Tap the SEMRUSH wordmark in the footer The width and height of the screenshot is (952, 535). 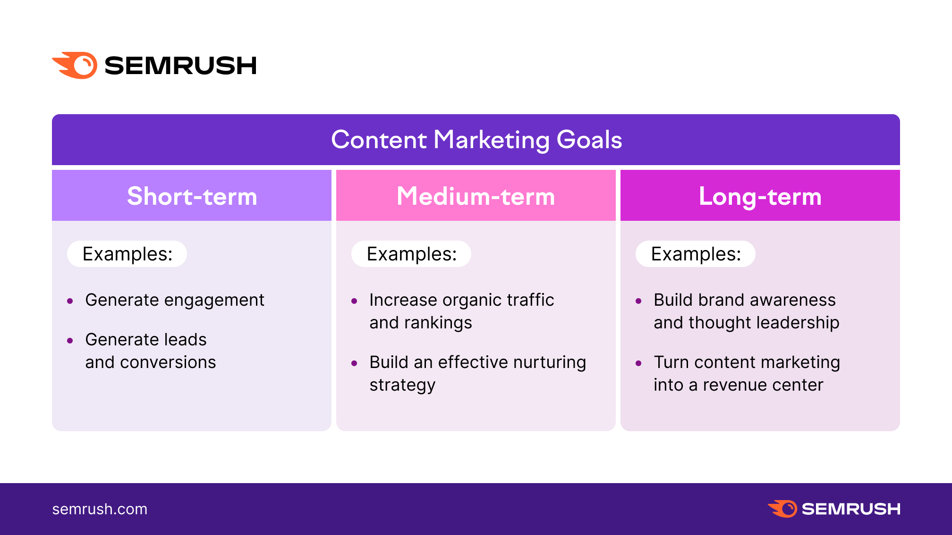851,509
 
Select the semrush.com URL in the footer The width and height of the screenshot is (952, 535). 100,509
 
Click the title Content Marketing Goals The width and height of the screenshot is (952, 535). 476,140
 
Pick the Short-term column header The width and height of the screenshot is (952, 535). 192,195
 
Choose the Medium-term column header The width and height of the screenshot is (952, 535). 476,195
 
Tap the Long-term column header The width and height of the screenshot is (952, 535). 760,195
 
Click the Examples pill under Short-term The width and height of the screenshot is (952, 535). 127,254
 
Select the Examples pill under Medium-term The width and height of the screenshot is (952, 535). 411,254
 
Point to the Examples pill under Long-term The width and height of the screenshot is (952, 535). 696,254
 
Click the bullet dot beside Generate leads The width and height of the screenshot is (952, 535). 70,340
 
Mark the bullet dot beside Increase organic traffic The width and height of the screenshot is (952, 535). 354,301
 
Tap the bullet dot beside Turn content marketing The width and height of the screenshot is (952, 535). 638,363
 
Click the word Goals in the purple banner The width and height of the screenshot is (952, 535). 589,140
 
